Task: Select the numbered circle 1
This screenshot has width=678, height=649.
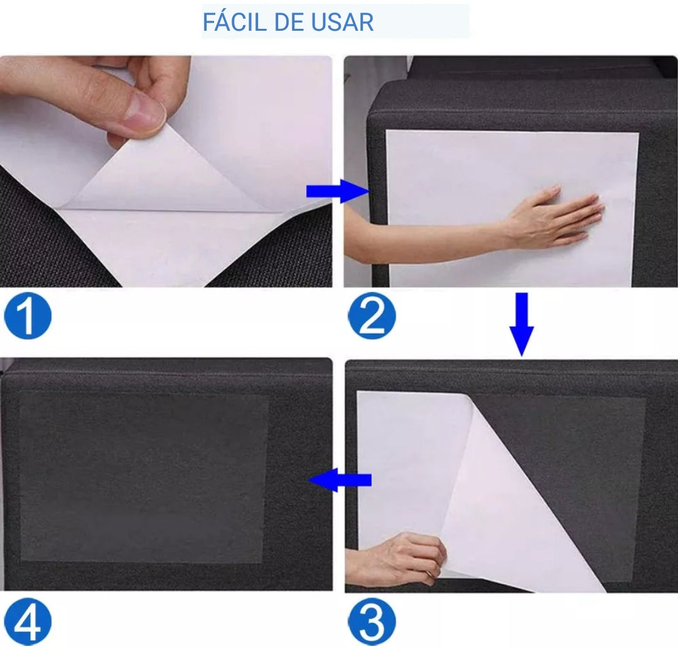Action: coord(28,317)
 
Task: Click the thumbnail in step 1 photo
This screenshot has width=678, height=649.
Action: coord(145,114)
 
